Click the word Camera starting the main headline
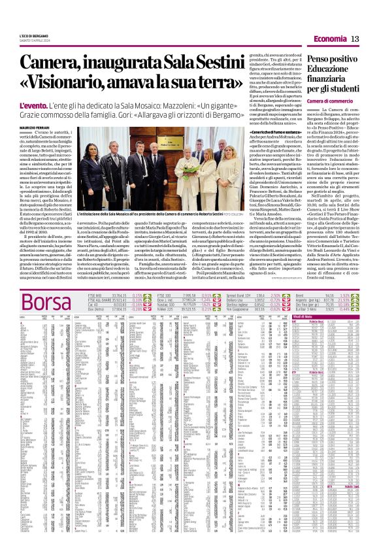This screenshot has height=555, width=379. tap(56, 63)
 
